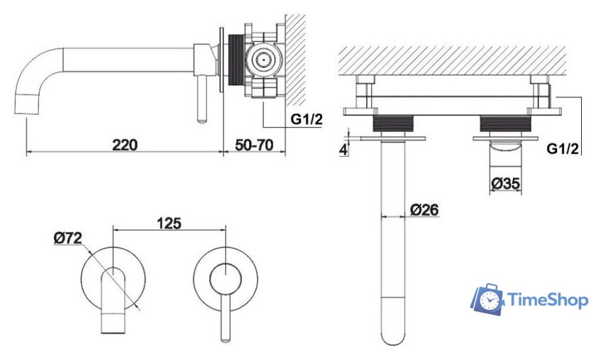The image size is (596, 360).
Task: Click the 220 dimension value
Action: coord(125,145)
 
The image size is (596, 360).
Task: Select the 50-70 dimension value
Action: coord(254,145)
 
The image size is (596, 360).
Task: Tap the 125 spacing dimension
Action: coord(169,224)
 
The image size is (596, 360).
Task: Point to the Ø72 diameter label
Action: coord(68,238)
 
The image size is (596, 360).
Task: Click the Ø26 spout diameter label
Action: coord(424,209)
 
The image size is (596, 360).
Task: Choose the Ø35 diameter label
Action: coord(505,183)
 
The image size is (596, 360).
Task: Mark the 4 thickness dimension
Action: coord(343,150)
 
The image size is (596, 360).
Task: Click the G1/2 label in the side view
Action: coord(307,119)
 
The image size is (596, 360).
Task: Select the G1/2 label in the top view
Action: coord(563,148)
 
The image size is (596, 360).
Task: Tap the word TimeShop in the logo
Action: coord(548,300)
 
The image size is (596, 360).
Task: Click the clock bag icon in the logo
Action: coord(488,299)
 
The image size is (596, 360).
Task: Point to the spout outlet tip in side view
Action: coord(28,104)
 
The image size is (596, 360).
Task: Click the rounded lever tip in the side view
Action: coord(202,119)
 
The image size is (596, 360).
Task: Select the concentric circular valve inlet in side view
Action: coord(263,60)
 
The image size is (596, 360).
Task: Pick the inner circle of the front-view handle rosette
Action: coord(226,278)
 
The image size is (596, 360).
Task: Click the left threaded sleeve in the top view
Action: coord(392,124)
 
